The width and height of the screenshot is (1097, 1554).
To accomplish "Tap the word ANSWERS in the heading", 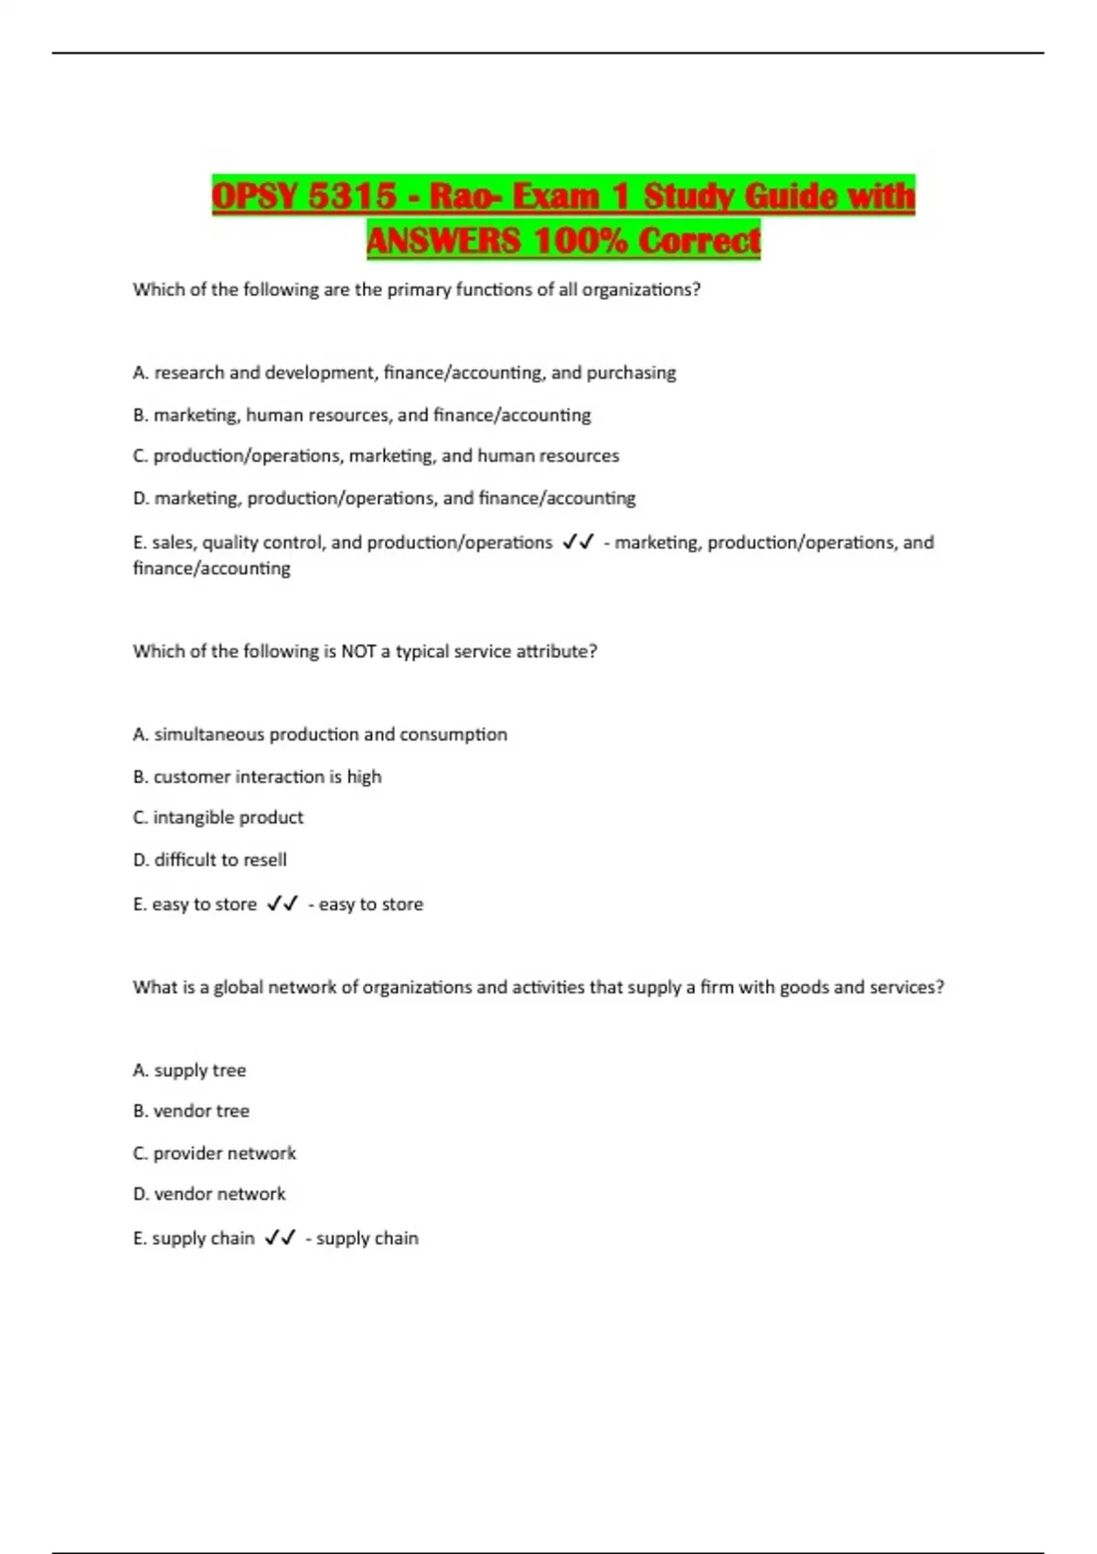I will (x=443, y=241).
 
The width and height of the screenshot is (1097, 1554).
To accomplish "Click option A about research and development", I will (x=404, y=373).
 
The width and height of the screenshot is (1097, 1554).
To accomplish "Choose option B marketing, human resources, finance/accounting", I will (x=362, y=415).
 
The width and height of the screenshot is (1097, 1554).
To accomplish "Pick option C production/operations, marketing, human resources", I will (x=376, y=456).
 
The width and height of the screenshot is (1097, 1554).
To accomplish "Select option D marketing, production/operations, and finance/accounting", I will (x=384, y=498).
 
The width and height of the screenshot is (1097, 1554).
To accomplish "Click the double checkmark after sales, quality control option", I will (x=578, y=542).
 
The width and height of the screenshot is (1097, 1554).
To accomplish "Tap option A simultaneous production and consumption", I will (x=320, y=735).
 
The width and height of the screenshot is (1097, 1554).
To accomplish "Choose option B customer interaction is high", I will (x=257, y=777).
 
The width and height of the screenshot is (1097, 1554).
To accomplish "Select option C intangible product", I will (x=218, y=818).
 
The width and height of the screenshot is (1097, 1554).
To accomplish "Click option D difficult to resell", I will (x=209, y=860).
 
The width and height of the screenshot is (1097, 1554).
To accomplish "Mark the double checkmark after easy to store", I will (x=282, y=904).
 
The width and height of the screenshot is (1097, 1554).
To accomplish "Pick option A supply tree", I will (x=189, y=1070).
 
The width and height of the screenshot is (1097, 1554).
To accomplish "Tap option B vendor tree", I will (x=191, y=1112).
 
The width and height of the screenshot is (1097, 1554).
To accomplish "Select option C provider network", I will (x=214, y=1154).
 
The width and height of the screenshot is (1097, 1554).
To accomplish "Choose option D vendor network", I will (x=208, y=1195).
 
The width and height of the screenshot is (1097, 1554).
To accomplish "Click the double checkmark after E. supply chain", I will (x=280, y=1239).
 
